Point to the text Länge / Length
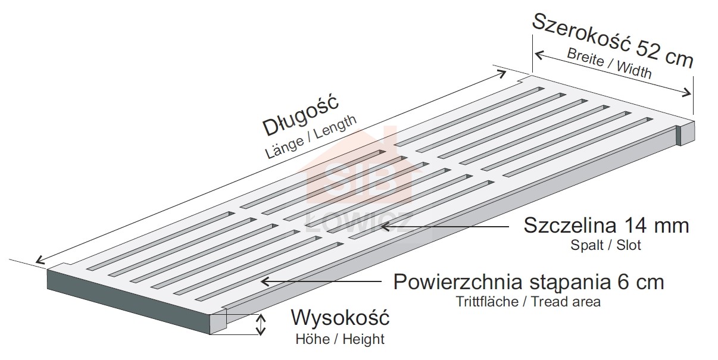pos(311,136)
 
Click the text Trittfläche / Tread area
pos(527,302)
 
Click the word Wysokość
pos(340,318)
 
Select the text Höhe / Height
pos(340,340)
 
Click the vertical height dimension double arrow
pos(260,325)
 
